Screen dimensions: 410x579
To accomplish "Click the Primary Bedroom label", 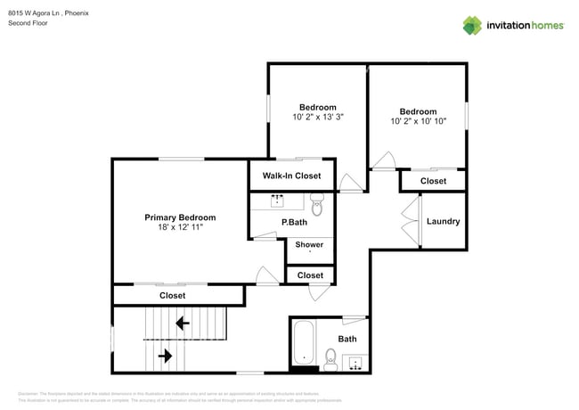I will tap(180, 217).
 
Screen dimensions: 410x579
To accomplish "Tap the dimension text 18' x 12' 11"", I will tap(180, 228).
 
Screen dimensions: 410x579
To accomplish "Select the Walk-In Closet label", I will tap(291, 176).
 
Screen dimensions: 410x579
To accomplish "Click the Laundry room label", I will tap(443, 221).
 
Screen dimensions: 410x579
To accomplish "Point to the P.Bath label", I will tap(294, 222).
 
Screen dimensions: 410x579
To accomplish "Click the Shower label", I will tap(309, 244).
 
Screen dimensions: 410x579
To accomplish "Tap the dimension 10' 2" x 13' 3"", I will tap(318, 117).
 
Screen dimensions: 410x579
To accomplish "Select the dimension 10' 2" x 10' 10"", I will tap(418, 121).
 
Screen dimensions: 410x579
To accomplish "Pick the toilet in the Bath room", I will tap(330, 360).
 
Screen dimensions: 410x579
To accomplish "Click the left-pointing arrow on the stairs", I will tap(183, 323).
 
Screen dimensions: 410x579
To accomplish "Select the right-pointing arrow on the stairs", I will tap(166, 356).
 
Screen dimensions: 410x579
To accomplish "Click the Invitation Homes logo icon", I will tap(471, 26).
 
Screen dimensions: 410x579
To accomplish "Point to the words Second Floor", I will tap(28, 23).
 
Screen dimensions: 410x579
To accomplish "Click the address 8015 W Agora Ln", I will tap(35, 13).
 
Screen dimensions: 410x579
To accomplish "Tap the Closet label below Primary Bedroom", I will tap(172, 295).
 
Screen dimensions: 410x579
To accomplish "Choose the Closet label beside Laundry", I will tap(433, 181).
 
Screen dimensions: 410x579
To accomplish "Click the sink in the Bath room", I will tap(355, 362).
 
